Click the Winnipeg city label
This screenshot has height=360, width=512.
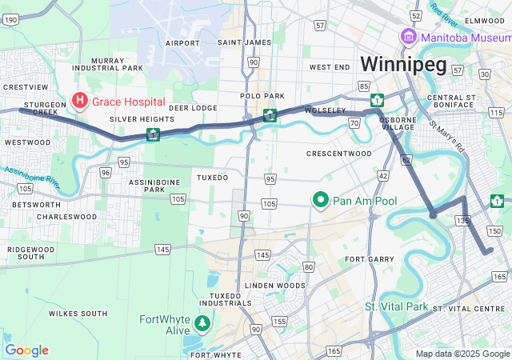click(402, 64)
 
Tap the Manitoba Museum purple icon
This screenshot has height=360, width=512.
click(408, 37)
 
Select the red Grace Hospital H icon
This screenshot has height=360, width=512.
click(80, 102)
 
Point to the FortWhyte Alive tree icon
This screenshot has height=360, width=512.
click(203, 324)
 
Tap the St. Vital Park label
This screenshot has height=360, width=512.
click(397, 306)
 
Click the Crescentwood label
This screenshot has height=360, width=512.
click(339, 153)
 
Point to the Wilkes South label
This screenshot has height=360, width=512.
click(78, 313)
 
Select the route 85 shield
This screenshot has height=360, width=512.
click(365, 86)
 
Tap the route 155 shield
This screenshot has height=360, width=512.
click(279, 322)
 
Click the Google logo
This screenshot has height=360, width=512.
click(26, 350)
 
